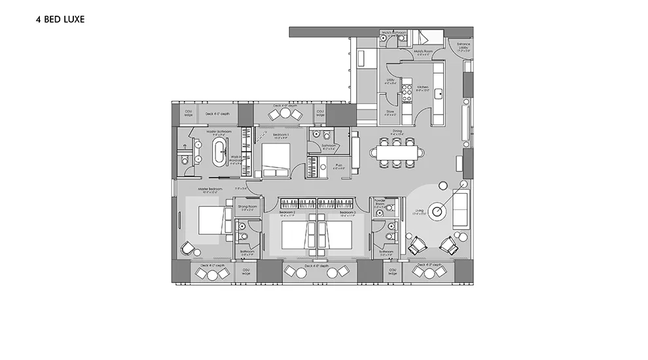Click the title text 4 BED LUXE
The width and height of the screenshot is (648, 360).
[x=60, y=20]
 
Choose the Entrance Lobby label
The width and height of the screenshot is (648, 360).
[x=463, y=46]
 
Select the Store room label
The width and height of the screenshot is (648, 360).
[x=390, y=112]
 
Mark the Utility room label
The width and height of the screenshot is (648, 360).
[x=390, y=82]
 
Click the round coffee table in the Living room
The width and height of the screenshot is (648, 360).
[x=439, y=211]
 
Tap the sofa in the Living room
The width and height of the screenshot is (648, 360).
[x=461, y=209]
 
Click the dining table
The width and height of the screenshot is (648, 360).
[x=397, y=153]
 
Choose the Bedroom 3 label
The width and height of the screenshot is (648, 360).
[x=347, y=212]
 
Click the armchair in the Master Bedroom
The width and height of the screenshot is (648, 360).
[x=189, y=249]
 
